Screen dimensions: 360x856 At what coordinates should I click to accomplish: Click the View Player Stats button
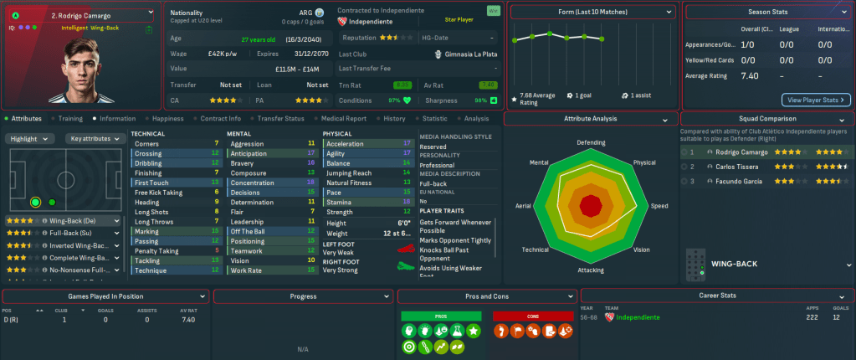coord(816,100)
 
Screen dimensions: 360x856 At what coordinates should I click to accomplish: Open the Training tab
coord(70,119)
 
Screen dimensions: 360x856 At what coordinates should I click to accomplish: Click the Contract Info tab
coord(221,119)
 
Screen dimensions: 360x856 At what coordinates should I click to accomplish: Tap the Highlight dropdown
coord(32,138)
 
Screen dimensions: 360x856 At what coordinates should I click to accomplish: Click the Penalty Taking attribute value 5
coord(217,250)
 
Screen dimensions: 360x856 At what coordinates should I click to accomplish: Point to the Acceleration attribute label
coord(345,144)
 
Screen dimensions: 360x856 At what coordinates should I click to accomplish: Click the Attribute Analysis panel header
coord(591,119)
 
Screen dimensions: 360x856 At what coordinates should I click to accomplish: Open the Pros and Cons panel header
coord(484,296)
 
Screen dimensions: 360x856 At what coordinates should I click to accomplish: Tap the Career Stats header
coord(717,296)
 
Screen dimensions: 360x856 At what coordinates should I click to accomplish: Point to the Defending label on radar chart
coord(591,142)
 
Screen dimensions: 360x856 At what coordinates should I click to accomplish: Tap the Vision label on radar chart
coord(642,249)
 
